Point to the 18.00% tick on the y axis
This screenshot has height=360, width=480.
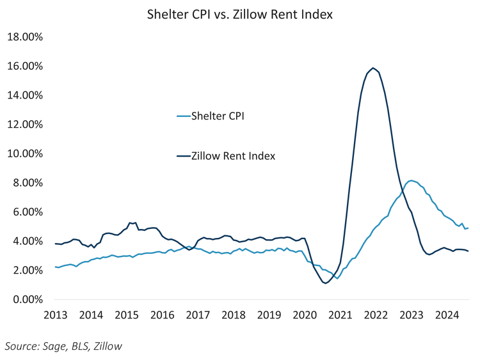24,37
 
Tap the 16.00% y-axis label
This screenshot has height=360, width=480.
24,66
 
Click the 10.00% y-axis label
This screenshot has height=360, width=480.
24,153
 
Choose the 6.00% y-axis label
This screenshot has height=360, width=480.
26,212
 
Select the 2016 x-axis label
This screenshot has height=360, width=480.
163,315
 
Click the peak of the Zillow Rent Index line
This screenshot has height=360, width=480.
373,68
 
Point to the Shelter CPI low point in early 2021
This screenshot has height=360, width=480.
337,278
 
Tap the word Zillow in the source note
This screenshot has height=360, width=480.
106,346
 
